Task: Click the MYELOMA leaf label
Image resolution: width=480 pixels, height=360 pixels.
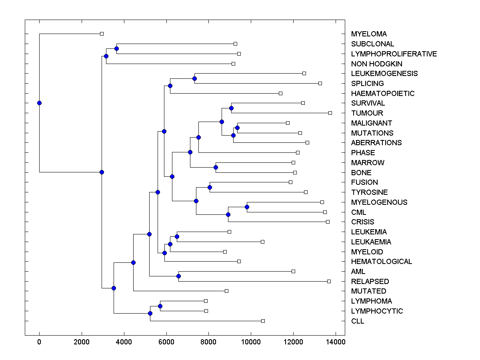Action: [369, 34]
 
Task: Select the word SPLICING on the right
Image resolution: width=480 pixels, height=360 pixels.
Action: [367, 84]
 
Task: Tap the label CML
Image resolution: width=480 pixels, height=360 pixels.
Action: [358, 212]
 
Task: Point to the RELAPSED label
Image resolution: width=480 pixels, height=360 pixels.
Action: [370, 282]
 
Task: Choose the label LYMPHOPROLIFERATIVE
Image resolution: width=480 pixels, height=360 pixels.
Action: [394, 54]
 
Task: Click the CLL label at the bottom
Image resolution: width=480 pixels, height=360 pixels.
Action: [358, 321]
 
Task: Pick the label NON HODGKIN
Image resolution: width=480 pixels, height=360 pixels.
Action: [377, 64]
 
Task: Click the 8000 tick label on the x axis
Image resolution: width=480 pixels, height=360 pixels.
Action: [209, 342]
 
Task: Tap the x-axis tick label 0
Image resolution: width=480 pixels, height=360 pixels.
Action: [39, 342]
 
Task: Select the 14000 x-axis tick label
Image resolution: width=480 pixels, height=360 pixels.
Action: [335, 342]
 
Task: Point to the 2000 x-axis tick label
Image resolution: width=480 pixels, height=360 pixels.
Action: [82, 342]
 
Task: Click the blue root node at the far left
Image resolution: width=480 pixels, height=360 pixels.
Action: [39, 103]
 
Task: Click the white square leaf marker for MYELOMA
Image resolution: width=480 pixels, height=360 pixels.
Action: [102, 34]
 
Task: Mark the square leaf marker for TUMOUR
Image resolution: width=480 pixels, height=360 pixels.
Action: [330, 113]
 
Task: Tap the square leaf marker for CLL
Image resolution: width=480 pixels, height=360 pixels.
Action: [263, 321]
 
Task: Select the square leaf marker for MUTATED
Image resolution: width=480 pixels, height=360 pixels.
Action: [226, 291]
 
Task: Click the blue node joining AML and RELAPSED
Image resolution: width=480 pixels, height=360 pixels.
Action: [178, 276]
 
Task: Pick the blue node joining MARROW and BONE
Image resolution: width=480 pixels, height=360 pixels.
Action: [216, 167]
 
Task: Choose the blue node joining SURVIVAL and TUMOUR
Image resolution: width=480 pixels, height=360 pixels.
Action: [231, 108]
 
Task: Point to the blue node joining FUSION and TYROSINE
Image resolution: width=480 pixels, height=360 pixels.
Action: [210, 187]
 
